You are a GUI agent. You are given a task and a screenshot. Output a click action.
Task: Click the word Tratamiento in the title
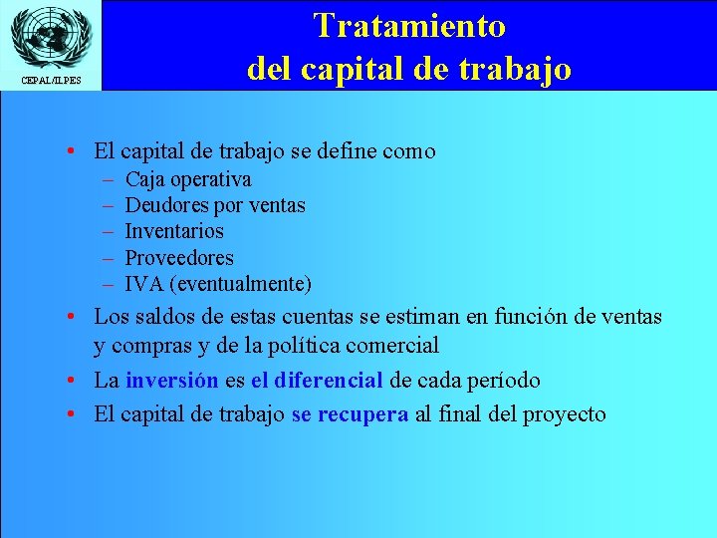pyautogui.click(x=409, y=25)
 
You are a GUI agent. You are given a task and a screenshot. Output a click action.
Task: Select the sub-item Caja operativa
pyautogui.click(x=188, y=179)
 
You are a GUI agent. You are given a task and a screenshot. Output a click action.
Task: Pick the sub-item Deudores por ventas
pyautogui.click(x=215, y=205)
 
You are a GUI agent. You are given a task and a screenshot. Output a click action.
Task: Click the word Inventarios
pyautogui.click(x=174, y=231)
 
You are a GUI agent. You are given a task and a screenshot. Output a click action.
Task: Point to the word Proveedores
pyautogui.click(x=179, y=258)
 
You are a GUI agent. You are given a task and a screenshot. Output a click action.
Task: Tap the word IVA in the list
pyautogui.click(x=144, y=284)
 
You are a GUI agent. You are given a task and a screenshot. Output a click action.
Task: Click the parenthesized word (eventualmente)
pyautogui.click(x=241, y=284)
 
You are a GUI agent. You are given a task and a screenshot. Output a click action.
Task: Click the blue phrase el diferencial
pyautogui.click(x=317, y=381)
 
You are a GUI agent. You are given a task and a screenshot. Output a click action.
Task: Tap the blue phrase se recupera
pyautogui.click(x=350, y=414)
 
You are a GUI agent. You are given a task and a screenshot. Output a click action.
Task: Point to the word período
pyautogui.click(x=504, y=381)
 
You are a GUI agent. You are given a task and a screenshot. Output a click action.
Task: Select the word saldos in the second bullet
pyautogui.click(x=160, y=317)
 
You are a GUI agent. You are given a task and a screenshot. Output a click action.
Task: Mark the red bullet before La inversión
pyautogui.click(x=75, y=381)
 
